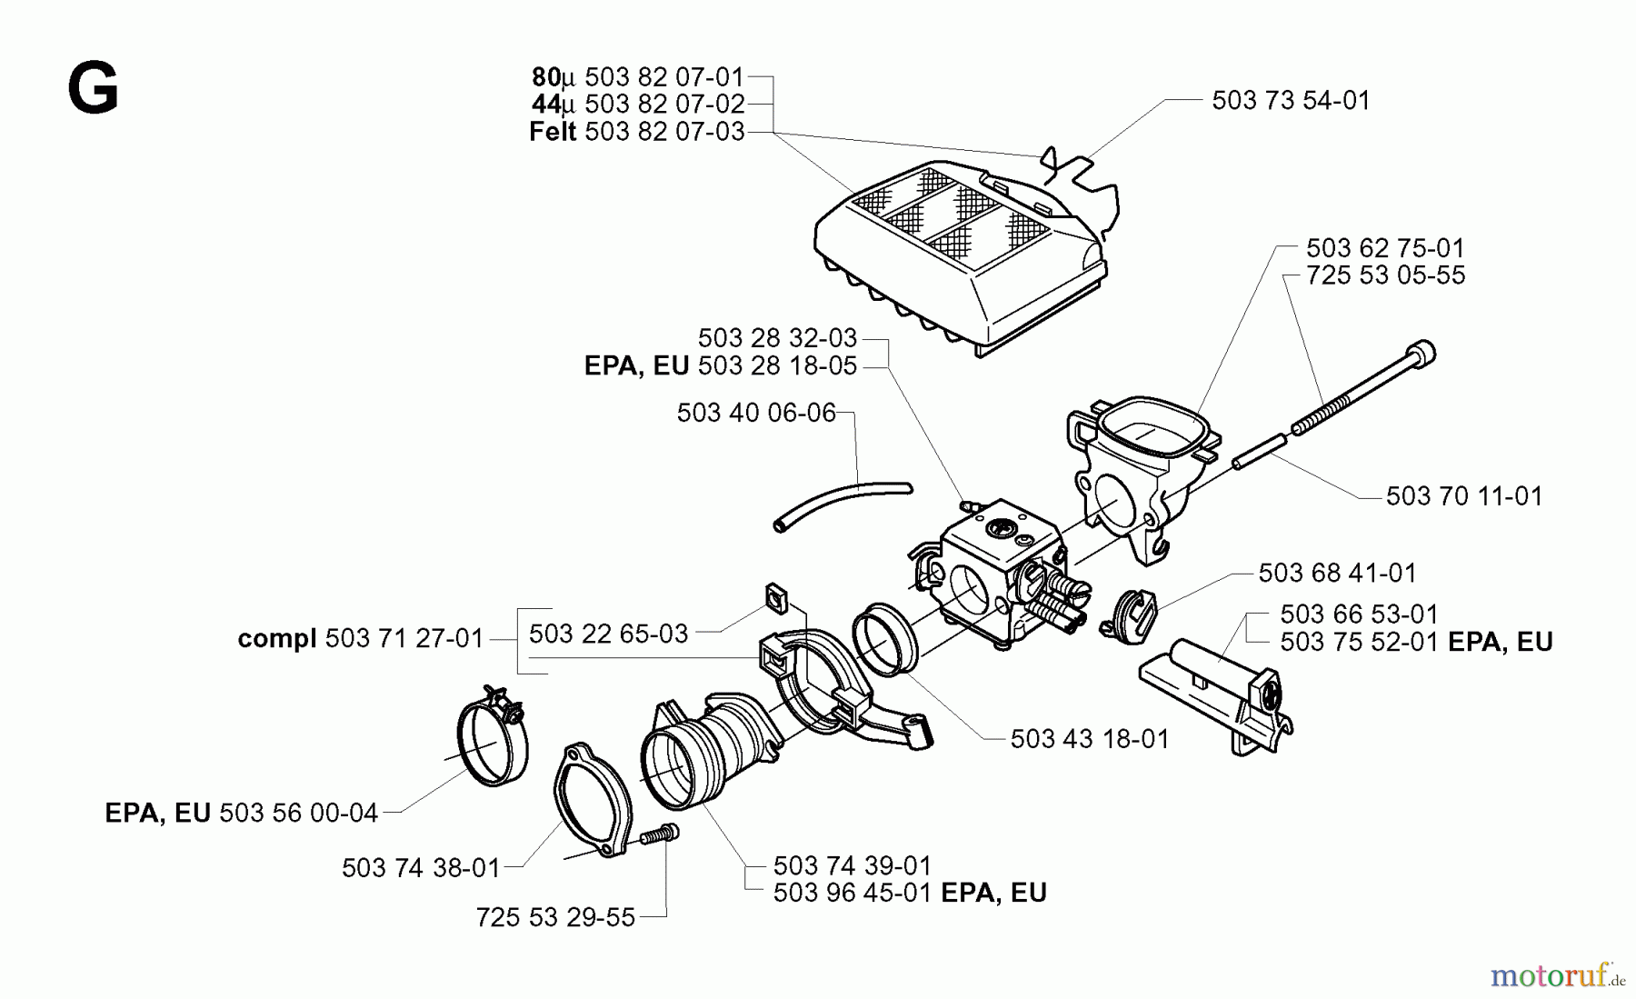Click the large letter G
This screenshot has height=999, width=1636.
[x=93, y=90]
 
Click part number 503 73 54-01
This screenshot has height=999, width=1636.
[x=1290, y=101]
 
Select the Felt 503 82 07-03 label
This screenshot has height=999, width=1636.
[x=636, y=133]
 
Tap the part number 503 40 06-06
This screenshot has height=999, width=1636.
[x=755, y=414]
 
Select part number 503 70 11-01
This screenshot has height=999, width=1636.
[x=1463, y=496]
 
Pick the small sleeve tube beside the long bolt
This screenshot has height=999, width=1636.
[x=1259, y=452]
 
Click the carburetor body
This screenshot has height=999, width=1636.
[x=991, y=573]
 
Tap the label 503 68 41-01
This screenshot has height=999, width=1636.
[x=1337, y=574]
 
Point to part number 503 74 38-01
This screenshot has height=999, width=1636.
[x=421, y=868]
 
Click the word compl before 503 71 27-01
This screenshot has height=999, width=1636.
[x=276, y=639]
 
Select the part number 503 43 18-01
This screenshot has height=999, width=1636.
[x=1089, y=739]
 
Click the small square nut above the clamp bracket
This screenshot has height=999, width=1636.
[x=775, y=596]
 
